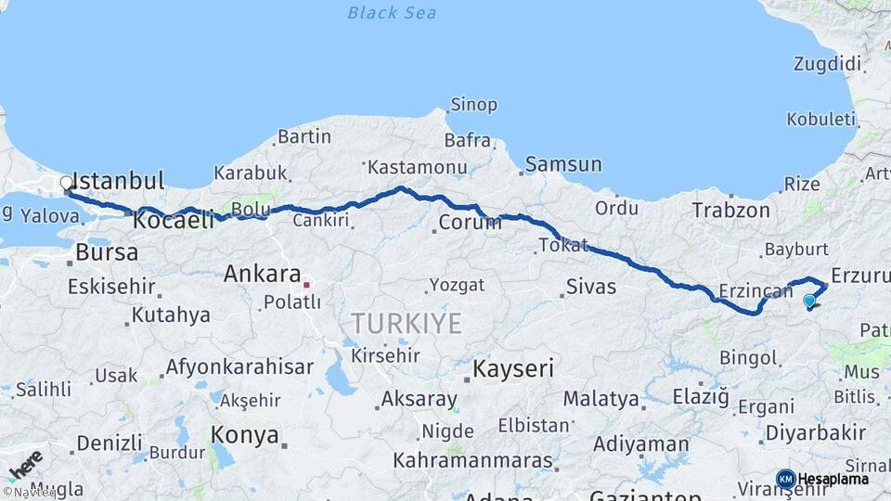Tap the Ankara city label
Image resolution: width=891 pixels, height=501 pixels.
[262, 275]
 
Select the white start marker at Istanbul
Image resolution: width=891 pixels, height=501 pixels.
[67, 184]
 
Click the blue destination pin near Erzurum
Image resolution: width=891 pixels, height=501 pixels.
[809, 301]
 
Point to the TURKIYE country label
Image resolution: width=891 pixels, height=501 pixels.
[406, 324]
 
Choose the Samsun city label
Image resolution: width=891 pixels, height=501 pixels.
[563, 165]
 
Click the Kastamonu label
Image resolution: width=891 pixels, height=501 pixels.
[417, 168]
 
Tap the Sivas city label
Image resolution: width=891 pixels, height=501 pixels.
[590, 287]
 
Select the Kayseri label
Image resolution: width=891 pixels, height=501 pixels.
[512, 368]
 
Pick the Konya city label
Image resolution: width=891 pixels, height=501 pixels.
[245, 434]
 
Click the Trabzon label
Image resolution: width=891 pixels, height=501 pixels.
[730, 211]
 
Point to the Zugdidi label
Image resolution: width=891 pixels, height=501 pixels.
[828, 64]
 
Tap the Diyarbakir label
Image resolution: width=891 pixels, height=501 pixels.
[816, 432]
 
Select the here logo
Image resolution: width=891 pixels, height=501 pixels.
[24, 464]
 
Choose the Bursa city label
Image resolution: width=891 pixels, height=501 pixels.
[107, 252]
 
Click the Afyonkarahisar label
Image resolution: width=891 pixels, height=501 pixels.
[239, 366]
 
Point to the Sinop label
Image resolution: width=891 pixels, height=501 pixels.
[473, 105]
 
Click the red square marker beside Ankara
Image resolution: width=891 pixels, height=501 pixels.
[306, 284]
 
